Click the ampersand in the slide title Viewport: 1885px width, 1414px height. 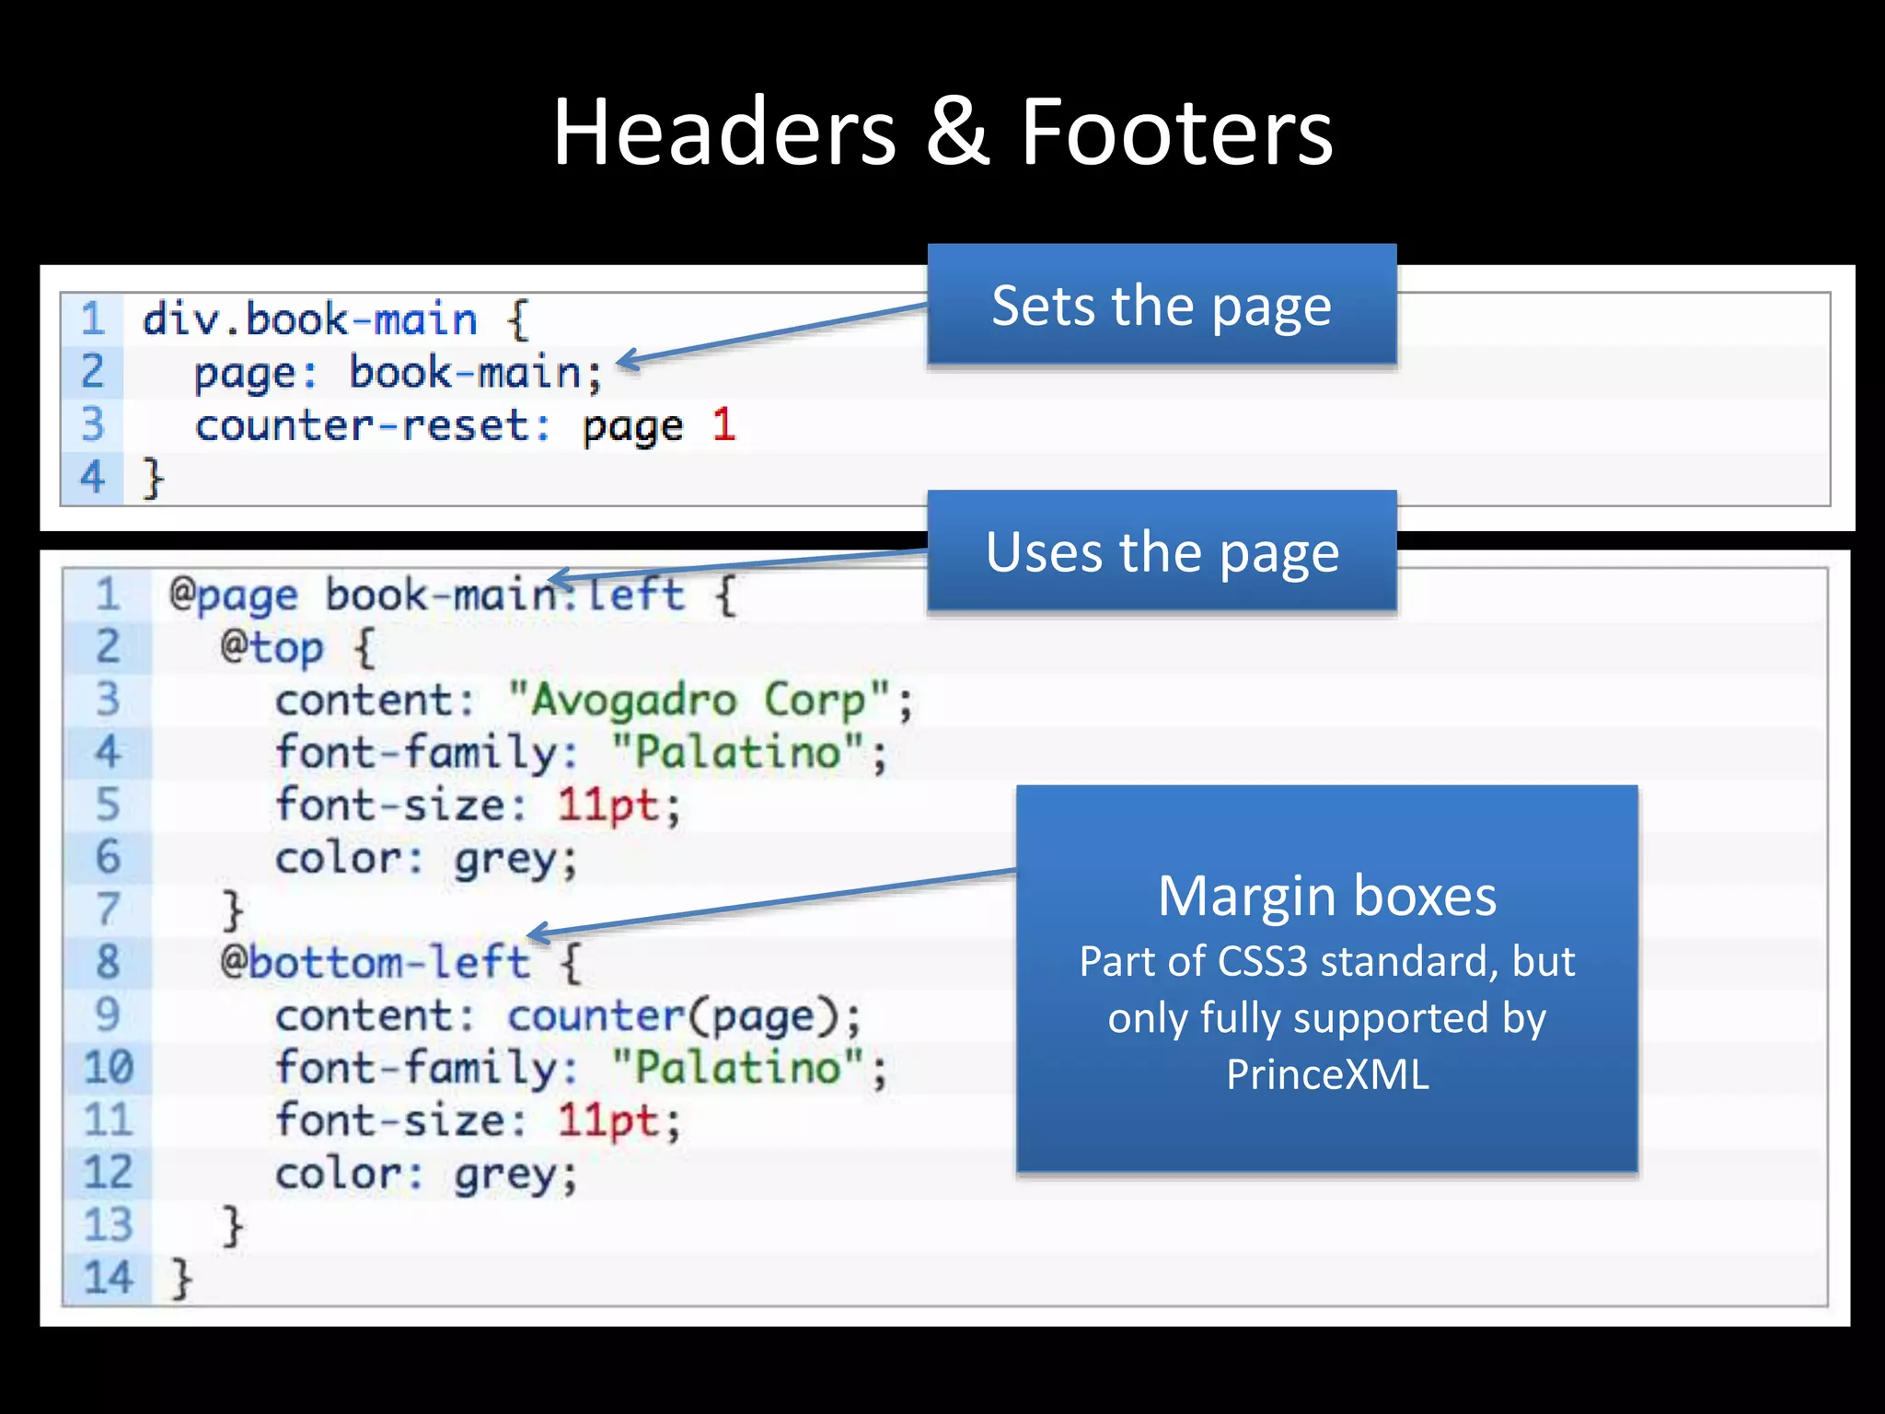[957, 133]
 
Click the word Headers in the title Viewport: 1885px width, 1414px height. [723, 133]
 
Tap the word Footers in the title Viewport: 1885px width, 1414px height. [1175, 133]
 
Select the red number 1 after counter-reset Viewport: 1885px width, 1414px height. [723, 425]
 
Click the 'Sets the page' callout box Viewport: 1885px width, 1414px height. [1162, 305]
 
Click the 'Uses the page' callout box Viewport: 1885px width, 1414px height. [1162, 551]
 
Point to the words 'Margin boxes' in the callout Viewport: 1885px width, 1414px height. [1326, 896]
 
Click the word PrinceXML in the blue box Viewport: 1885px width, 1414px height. [1326, 1074]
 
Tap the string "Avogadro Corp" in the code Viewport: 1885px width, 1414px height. [700, 701]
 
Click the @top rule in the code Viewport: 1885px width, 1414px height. [272, 648]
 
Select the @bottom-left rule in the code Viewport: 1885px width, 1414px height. [376, 963]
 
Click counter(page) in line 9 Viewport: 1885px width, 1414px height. [672, 1016]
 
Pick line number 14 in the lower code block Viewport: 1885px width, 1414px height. [109, 1279]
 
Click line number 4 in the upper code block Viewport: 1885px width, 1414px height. [92, 478]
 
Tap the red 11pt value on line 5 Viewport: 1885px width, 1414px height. [607, 806]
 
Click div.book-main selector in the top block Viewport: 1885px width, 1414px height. [309, 319]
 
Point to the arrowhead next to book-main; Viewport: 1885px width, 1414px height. [626, 361]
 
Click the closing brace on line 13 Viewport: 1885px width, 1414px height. [232, 1226]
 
